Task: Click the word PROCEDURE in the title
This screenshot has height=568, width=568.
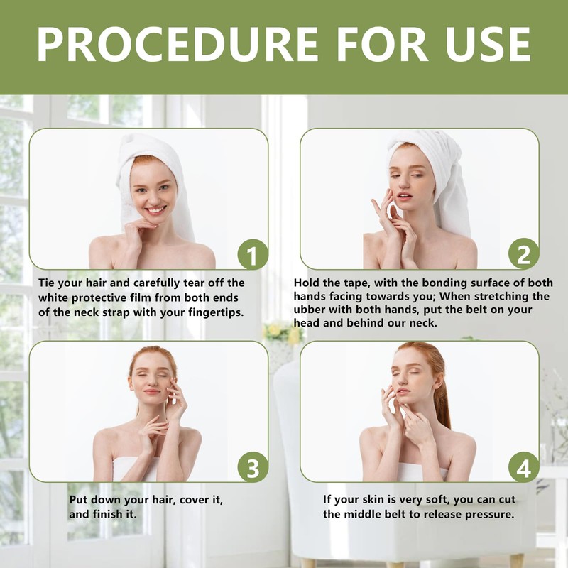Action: [x=177, y=45]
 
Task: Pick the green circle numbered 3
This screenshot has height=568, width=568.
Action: [x=253, y=467]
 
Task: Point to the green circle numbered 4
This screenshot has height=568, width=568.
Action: [x=523, y=467]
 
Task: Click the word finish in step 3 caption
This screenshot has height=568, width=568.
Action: [x=110, y=514]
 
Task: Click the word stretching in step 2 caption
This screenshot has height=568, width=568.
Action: [x=486, y=297]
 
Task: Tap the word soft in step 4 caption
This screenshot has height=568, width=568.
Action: [x=437, y=500]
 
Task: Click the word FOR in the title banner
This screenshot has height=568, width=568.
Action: [x=382, y=45]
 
